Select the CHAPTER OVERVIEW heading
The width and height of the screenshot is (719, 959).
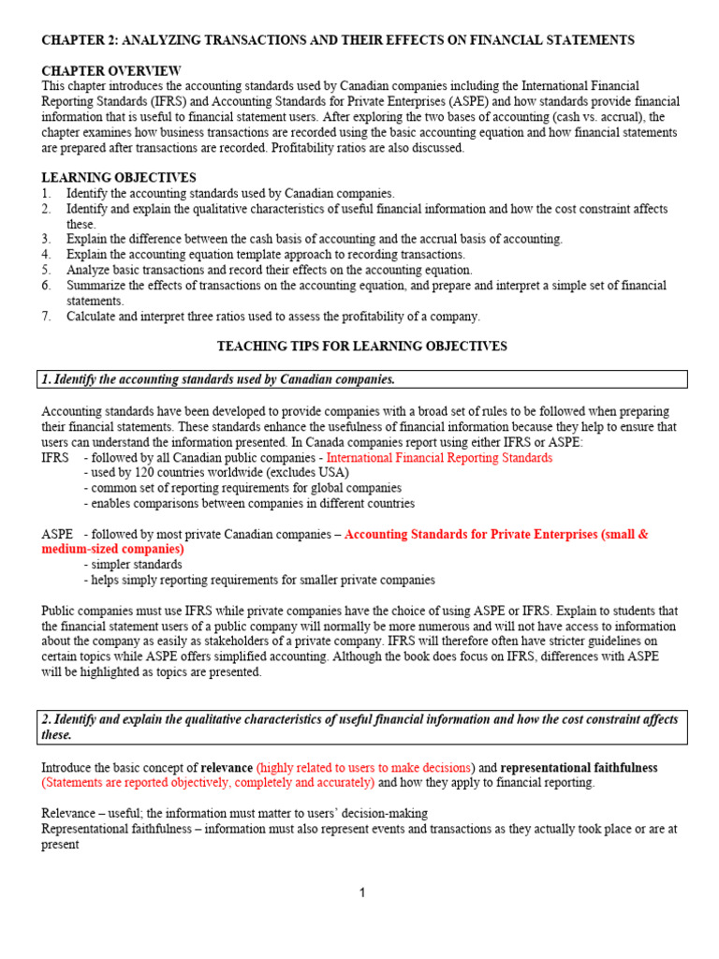111,71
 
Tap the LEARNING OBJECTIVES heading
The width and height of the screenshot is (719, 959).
119,178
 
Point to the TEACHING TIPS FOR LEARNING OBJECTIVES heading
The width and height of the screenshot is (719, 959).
361,347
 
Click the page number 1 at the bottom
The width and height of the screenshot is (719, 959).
362,893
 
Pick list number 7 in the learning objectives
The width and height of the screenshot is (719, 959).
46,317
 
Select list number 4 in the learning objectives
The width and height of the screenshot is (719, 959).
46,255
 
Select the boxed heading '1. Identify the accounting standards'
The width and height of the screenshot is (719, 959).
218,379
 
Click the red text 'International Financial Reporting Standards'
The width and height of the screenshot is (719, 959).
439,458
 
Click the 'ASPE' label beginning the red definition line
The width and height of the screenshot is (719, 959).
57,534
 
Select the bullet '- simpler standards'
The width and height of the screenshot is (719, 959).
132,565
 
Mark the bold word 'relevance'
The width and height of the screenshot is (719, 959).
227,767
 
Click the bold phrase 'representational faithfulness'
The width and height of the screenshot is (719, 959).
580,767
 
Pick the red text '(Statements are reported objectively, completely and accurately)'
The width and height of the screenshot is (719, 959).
208,782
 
